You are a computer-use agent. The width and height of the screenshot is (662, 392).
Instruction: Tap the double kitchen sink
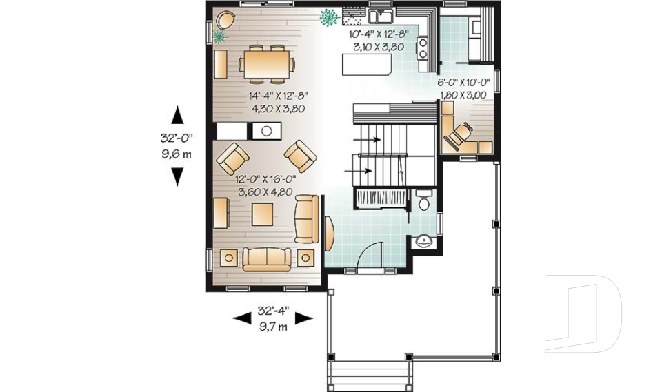coord(380,17)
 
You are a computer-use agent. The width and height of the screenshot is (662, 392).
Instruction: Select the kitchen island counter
coord(366,65)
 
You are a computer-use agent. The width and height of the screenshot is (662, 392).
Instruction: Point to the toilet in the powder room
coord(423,202)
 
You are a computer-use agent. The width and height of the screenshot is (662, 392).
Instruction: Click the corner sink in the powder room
coord(423,241)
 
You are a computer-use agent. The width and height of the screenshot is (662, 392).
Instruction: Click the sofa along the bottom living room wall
coord(267,258)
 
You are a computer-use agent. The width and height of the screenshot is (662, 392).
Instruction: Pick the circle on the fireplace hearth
coord(266,130)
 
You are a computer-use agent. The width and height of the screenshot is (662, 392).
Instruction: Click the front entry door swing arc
coord(370,253)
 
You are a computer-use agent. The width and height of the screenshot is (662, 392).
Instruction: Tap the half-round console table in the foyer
coord(328,235)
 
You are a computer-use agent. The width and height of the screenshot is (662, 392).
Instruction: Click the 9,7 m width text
coord(273,327)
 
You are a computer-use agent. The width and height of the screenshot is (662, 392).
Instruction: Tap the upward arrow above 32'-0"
coord(177,114)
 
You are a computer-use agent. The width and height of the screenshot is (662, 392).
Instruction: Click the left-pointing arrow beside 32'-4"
coord(241,318)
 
